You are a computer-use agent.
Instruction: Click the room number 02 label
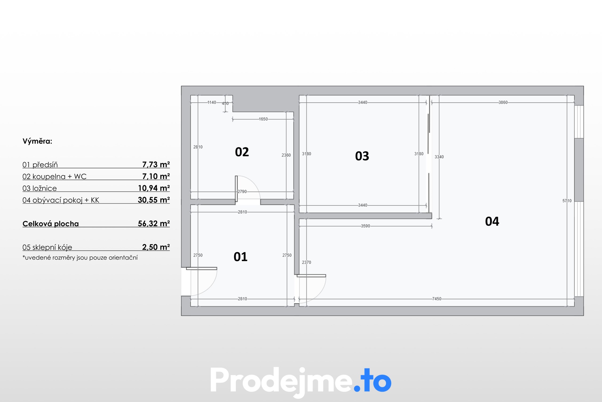(242, 152)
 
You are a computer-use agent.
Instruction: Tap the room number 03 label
(362, 156)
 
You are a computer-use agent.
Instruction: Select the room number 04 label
(492, 221)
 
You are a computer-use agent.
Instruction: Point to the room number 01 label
(240, 257)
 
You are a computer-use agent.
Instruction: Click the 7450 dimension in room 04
(436, 299)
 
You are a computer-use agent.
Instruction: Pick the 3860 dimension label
(503, 102)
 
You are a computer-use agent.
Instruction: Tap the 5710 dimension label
(567, 201)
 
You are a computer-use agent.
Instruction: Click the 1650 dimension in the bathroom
(263, 119)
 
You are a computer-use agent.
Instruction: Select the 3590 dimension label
(365, 226)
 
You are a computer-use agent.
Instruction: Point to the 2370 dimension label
(306, 262)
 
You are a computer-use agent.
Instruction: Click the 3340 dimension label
(439, 157)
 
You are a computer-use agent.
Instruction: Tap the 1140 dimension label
(212, 102)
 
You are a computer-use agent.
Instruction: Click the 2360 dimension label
(286, 155)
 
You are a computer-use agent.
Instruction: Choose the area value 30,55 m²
(154, 200)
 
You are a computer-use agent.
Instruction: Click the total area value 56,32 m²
(154, 224)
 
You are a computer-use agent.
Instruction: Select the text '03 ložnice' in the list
(40, 188)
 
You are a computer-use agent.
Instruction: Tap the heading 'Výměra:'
(37, 141)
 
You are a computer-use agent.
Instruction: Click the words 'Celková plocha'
(50, 224)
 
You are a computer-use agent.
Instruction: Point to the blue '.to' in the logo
(373, 381)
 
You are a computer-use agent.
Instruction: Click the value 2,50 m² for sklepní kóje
(156, 247)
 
